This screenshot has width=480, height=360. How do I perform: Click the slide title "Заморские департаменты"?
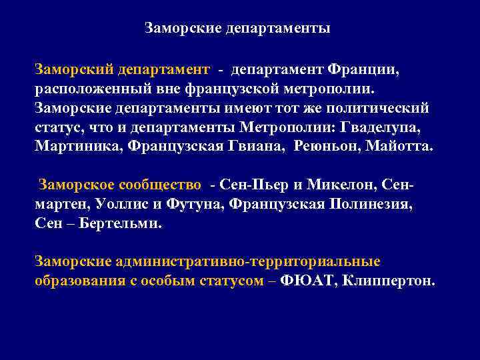click(237, 29)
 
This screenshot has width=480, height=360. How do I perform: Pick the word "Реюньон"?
click(319, 146)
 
